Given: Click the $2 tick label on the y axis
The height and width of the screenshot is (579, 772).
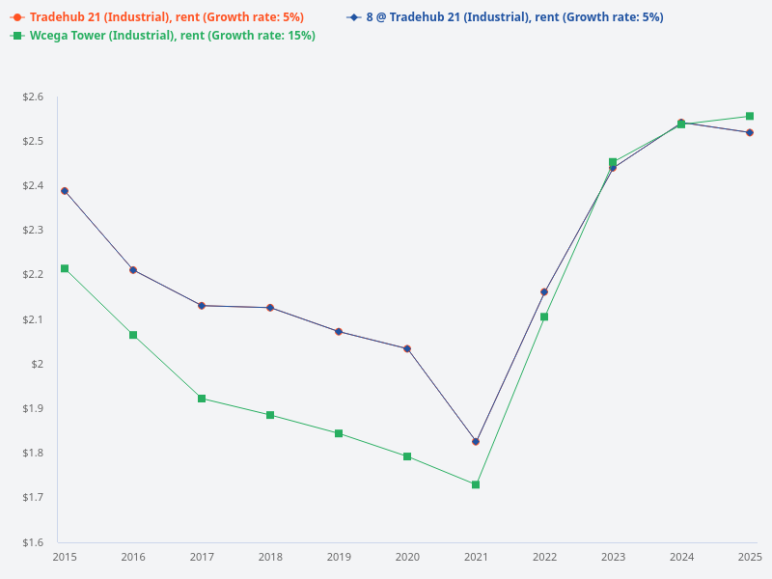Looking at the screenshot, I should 39,364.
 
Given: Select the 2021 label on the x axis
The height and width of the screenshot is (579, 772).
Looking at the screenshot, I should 476,557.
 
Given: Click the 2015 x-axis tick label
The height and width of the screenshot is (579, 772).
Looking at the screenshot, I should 65,557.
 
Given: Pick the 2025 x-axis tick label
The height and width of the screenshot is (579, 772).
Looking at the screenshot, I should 750,557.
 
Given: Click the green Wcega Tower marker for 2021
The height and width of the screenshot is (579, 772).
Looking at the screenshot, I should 476,484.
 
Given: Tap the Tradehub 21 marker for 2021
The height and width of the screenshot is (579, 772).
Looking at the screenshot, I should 476,441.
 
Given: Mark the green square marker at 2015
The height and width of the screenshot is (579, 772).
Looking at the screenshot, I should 65,268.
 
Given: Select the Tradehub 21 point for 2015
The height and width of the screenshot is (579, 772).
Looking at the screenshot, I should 65,191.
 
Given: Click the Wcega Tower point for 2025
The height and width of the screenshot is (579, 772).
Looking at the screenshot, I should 750,116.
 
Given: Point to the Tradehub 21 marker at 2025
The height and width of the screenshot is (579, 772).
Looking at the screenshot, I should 750,132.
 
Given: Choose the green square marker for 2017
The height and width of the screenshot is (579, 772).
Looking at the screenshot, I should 202,399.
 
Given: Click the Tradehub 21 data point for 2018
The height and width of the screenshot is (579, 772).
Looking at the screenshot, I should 270,308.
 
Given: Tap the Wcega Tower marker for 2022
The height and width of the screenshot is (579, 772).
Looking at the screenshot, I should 544,317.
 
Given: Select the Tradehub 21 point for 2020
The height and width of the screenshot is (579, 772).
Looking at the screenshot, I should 407,348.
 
